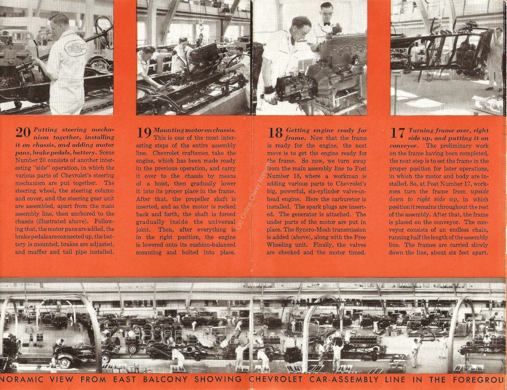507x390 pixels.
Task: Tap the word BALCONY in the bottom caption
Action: coord(165,380)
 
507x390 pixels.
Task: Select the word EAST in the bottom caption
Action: coord(123,380)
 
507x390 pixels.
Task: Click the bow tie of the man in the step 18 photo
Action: coord(326,24)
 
